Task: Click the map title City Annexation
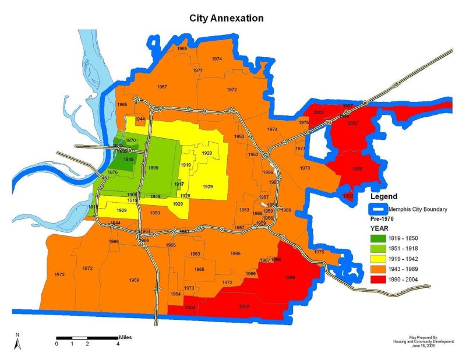[x=226, y=18]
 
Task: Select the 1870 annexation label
[x=131, y=140]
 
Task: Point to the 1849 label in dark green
[x=129, y=159]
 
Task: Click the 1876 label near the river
[x=113, y=172]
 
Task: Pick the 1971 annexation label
[x=197, y=70]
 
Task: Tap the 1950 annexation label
[x=155, y=213]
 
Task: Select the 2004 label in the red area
[x=190, y=307]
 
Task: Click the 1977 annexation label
[x=300, y=149]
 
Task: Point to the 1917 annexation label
[x=179, y=183]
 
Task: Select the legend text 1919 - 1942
[x=412, y=259]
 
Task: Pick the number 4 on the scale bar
[x=118, y=344]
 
